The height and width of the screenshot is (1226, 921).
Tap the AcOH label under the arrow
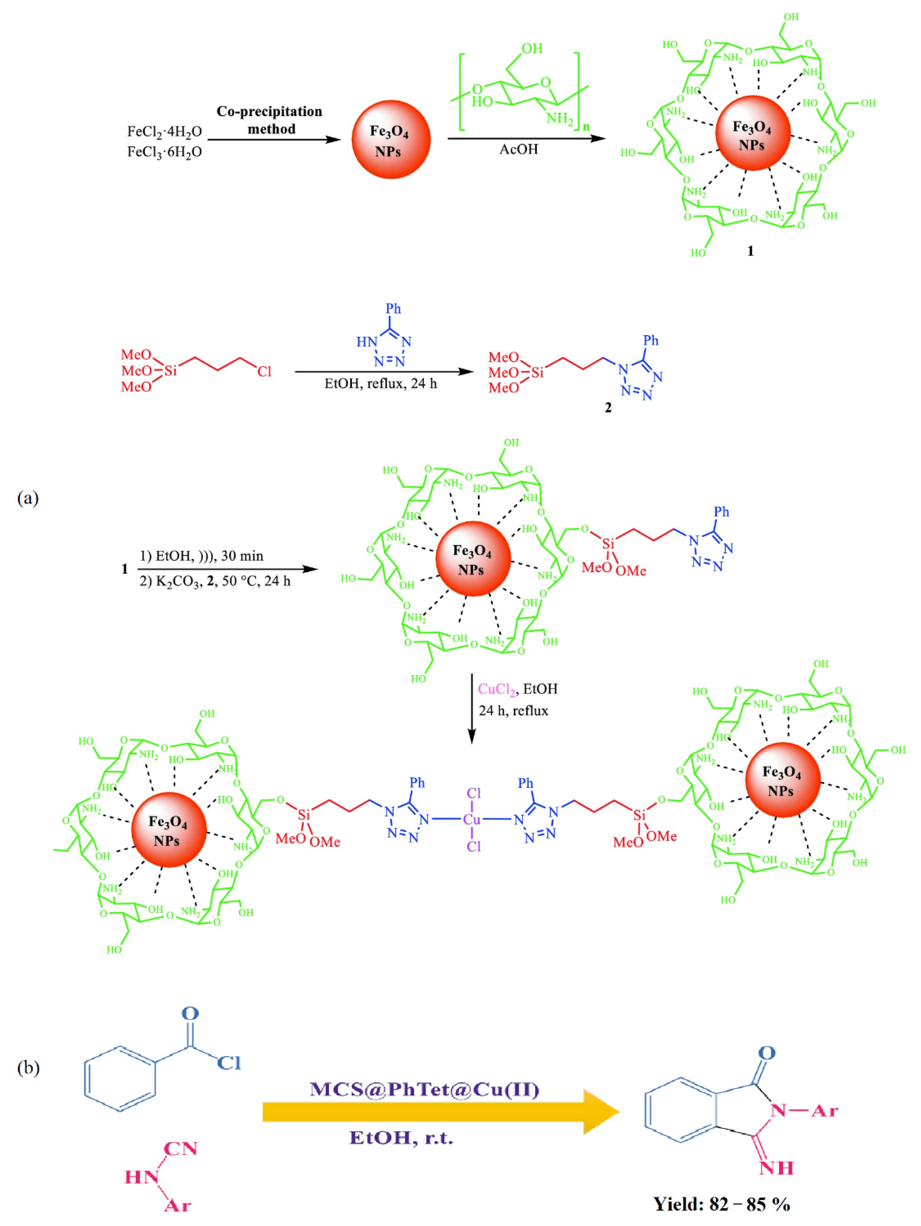[x=518, y=149]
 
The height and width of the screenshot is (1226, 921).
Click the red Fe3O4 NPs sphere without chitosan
[x=391, y=140]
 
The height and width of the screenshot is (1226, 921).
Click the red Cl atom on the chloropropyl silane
[x=264, y=371]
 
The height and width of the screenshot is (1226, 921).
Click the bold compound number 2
[x=608, y=408]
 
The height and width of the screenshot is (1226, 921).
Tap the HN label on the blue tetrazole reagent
[x=366, y=342]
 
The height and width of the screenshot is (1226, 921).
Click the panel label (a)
[x=28, y=498]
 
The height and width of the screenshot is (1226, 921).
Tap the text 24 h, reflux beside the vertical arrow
[x=513, y=710]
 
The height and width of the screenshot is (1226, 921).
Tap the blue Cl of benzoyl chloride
[x=228, y=1063]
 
